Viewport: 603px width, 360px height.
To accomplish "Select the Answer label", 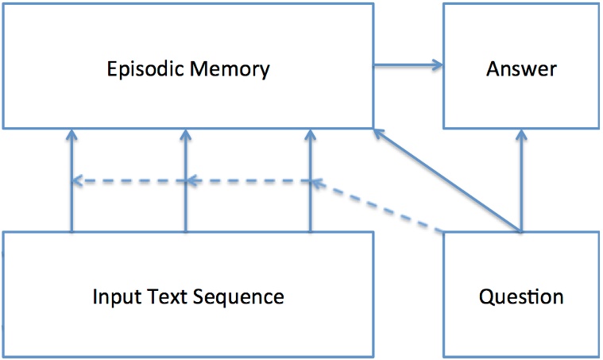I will click(520, 68).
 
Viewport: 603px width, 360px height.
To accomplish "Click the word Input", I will click(114, 297).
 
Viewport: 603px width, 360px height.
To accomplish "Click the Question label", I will click(521, 297).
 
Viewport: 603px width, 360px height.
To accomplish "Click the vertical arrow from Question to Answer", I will click(521, 183).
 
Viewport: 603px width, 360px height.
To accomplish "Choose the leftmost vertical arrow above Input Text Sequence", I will click(72, 207).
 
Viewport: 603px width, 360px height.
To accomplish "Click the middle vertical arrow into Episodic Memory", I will click(185, 207).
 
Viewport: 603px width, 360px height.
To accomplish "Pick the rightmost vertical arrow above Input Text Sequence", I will click(310, 207).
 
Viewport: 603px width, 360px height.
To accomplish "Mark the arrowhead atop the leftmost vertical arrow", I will click(72, 135).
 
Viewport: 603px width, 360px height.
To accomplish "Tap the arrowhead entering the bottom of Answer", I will click(521, 136).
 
